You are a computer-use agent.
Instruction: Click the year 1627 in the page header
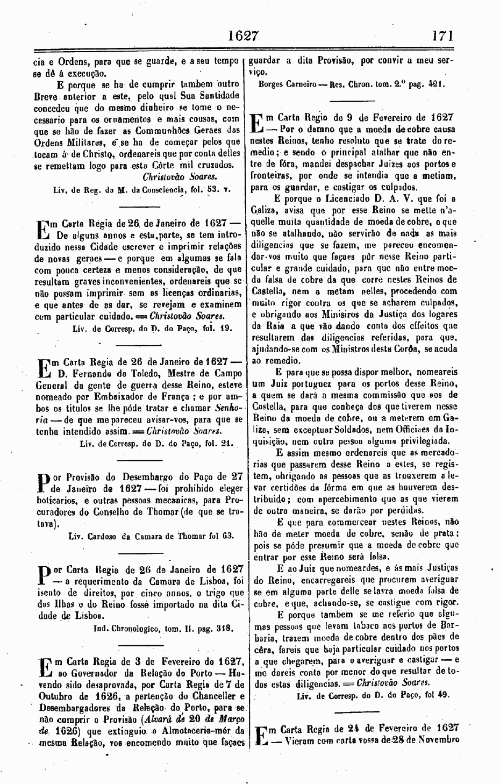[244, 35]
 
